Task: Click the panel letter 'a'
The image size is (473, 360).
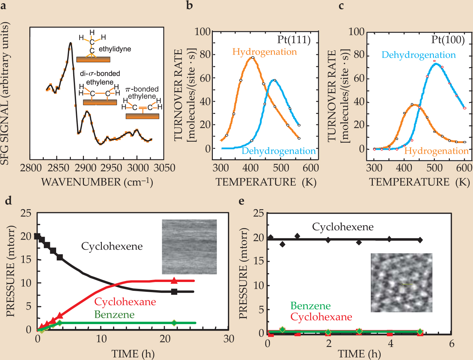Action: [4, 6]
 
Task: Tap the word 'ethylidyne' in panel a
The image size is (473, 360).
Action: [115, 49]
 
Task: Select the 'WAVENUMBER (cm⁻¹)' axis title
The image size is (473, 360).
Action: [97, 182]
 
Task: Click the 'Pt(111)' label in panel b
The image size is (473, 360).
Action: [294, 40]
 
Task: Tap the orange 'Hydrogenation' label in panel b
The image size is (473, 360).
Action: [264, 52]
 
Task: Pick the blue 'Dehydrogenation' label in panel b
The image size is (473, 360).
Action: [278, 151]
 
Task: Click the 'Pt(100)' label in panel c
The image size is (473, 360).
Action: [448, 40]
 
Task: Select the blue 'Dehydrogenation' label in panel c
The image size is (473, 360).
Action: [418, 55]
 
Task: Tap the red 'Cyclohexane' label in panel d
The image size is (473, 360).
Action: [125, 302]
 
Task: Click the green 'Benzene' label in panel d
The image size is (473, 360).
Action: [114, 315]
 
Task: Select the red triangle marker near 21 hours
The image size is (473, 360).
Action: [174, 280]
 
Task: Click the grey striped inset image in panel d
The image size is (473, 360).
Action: [189, 247]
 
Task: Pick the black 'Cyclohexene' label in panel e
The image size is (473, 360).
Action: [343, 227]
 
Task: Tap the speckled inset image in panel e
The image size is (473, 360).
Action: [402, 283]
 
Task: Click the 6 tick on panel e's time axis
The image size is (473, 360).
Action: [452, 344]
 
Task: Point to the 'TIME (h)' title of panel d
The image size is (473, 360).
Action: [133, 354]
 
